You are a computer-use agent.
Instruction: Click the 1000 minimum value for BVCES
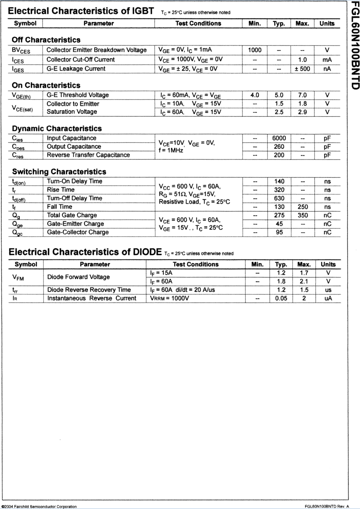254,50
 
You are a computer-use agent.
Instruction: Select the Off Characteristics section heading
46,40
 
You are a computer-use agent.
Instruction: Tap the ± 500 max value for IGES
302,69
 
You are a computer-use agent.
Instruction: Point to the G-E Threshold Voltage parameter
77,95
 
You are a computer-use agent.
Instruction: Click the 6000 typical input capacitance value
279,138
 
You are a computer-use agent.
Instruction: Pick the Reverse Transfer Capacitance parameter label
88,155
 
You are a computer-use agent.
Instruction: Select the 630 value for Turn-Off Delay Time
279,198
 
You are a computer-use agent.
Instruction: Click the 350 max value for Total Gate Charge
302,215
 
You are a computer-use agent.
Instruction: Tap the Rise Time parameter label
61,190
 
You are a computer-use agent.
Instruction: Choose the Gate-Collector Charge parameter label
77,232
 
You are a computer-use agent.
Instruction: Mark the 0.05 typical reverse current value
281,298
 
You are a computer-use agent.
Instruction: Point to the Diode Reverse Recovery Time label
89,290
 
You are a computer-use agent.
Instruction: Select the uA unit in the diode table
328,298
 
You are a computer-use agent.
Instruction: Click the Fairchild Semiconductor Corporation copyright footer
39,506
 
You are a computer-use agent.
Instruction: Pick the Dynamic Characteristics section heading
57,129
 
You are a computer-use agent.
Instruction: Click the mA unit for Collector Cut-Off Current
327,60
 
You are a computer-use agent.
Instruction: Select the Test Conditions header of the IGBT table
198,24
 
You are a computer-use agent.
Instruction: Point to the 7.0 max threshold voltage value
302,95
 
